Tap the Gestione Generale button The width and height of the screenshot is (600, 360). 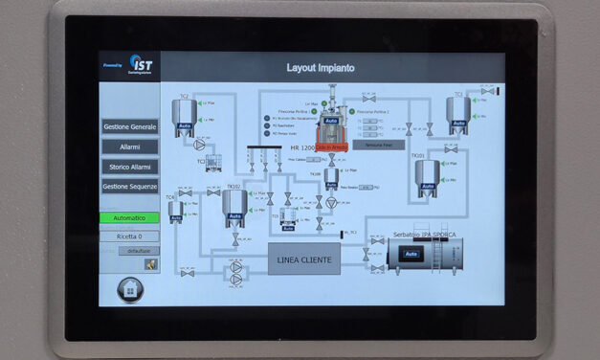pos(130,127)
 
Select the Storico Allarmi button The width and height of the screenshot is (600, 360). pos(130,167)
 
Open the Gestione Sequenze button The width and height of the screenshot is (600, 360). pos(130,187)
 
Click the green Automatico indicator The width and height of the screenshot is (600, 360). pos(130,218)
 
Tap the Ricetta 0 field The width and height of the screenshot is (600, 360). pos(130,236)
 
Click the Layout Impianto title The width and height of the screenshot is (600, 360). pos(321,68)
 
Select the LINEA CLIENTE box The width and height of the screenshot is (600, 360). pos(304,259)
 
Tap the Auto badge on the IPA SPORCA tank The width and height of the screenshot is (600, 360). pos(411,254)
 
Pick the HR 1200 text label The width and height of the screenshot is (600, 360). pos(302,147)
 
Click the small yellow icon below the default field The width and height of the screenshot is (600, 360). pos(150,264)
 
